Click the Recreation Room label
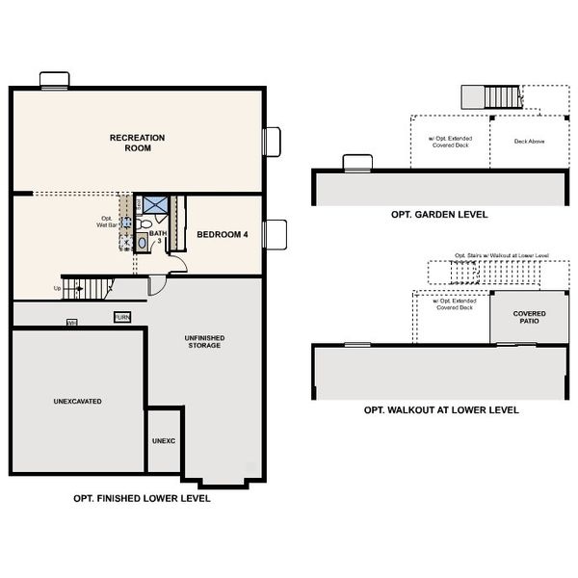click(x=137, y=144)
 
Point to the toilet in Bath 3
click(x=144, y=223)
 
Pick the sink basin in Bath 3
click(x=143, y=243)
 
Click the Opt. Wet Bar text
click(x=107, y=222)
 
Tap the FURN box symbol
click(x=122, y=317)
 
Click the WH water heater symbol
click(x=71, y=323)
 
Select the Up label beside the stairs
click(x=57, y=288)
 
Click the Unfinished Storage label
click(x=205, y=341)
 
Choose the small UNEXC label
click(x=163, y=441)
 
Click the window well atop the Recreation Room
click(x=54, y=79)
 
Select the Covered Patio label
click(x=529, y=318)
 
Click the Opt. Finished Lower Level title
click(x=142, y=499)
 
